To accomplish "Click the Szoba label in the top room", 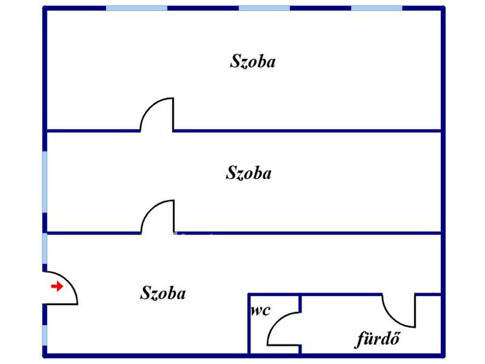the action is [252, 61].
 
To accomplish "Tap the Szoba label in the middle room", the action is [249, 173].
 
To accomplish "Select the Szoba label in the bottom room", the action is [163, 293].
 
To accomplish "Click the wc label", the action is [260, 311].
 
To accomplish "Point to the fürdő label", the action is [378, 338].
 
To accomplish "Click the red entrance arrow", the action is [57, 286].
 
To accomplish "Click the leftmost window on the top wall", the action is [137, 8].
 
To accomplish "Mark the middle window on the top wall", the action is [264, 8].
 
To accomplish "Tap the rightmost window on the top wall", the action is [377, 8].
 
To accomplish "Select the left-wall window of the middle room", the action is [45, 182].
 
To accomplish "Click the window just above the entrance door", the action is [45, 248].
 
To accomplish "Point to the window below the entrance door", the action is [45, 335].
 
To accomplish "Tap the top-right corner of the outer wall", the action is [443, 8].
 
